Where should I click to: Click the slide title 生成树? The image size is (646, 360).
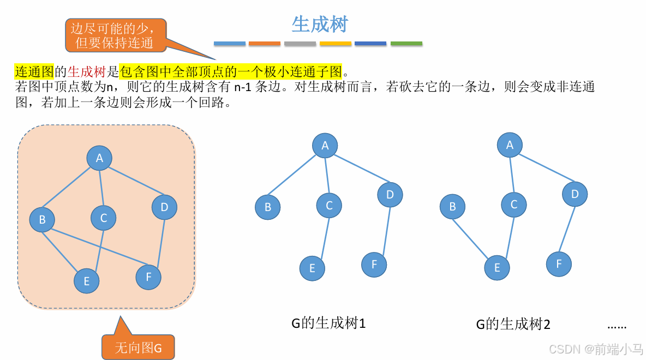pos(320,25)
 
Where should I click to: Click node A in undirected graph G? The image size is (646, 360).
pos(99,158)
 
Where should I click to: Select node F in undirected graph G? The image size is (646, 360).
pos(148,277)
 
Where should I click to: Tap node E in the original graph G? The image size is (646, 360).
pos(87,281)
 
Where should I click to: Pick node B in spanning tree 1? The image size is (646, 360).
pos(267,207)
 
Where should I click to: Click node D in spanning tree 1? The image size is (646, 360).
pos(390,195)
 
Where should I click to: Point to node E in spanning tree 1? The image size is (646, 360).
pos(312,268)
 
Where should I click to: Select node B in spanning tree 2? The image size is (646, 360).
pos(452,207)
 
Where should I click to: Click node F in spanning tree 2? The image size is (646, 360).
pos(559,264)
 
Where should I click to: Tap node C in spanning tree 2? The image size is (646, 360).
pos(514,205)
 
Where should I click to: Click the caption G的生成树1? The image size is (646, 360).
pos(328,323)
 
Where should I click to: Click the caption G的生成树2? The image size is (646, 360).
pos(513,325)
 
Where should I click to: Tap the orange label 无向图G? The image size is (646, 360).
pos(138,347)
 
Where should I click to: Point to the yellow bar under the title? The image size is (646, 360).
pos(335,44)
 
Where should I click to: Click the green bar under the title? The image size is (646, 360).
pos(406,44)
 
